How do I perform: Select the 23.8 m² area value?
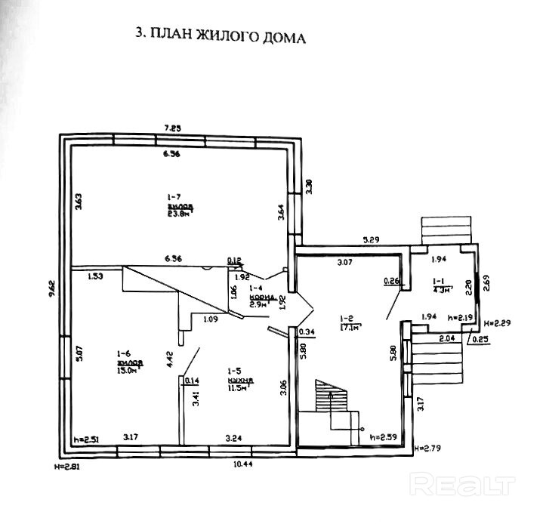(x=179, y=213)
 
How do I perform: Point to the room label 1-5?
(x=234, y=371)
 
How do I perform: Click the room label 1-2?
(x=347, y=318)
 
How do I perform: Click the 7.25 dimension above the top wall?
(x=177, y=128)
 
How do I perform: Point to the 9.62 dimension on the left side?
(x=51, y=290)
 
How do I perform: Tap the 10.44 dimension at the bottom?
(x=242, y=464)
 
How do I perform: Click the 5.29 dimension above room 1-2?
(x=370, y=240)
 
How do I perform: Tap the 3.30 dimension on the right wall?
(x=308, y=184)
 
